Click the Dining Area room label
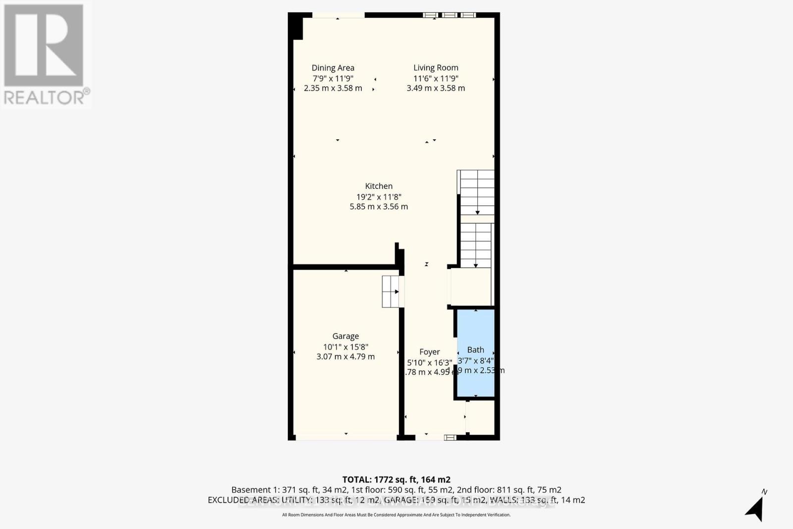(x=333, y=68)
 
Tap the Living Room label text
(x=436, y=68)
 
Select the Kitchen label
(x=379, y=186)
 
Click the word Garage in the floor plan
(x=345, y=336)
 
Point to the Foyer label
(x=429, y=352)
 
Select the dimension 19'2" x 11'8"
(x=379, y=196)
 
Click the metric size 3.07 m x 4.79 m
(x=345, y=356)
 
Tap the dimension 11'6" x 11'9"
(x=436, y=78)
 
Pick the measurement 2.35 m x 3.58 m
(x=333, y=88)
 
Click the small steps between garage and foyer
(x=391, y=292)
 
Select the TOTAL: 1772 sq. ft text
(x=396, y=479)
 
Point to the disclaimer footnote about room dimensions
(x=396, y=515)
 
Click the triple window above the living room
(x=450, y=15)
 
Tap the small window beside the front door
(x=450, y=437)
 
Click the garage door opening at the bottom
(x=345, y=437)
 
